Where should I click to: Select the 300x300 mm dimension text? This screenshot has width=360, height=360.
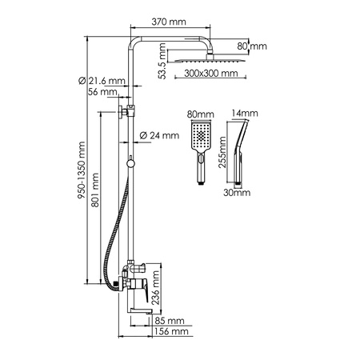pyautogui.click(x=209, y=74)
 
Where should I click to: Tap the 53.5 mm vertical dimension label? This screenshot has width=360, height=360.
pyautogui.click(x=164, y=63)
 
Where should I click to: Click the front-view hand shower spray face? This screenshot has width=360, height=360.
pyautogui.click(x=200, y=137)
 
